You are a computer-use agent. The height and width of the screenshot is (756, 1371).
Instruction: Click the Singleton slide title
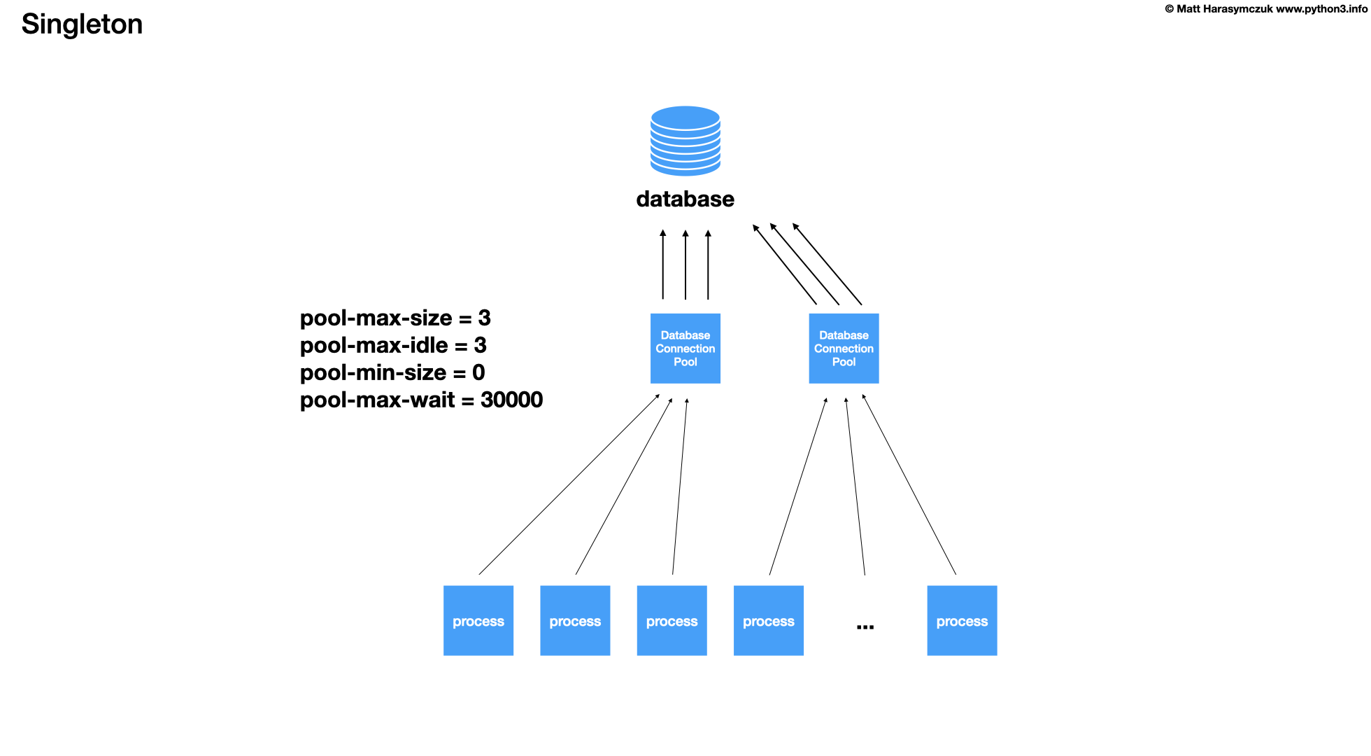[82, 24]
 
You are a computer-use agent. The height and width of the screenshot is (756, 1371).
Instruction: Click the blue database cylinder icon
[685, 141]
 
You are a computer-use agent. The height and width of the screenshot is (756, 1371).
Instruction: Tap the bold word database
[685, 199]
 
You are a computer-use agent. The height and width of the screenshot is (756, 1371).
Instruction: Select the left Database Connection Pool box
[685, 349]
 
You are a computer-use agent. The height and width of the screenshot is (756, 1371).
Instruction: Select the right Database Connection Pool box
[844, 349]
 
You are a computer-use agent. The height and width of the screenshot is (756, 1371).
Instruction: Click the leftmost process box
[478, 621]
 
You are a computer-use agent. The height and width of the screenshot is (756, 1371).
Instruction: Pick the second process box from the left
[575, 621]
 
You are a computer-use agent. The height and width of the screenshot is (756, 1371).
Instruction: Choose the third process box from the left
[672, 621]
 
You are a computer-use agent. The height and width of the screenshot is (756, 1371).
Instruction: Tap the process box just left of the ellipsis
[768, 621]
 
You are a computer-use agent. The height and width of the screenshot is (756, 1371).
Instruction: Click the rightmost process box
[962, 621]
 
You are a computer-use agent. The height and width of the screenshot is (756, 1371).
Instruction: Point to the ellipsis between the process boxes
[865, 626]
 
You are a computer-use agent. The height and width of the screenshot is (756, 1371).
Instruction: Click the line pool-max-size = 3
[395, 318]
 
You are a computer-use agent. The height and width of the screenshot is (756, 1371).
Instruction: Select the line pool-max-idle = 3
[393, 346]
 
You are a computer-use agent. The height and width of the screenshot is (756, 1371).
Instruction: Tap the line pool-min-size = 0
[392, 373]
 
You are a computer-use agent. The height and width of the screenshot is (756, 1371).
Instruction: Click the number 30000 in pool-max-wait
[511, 400]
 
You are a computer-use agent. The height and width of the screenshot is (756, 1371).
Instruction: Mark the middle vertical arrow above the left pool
[685, 266]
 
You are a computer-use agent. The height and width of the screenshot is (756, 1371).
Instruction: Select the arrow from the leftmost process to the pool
[568, 485]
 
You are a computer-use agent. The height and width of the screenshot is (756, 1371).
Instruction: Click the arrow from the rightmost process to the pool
[909, 484]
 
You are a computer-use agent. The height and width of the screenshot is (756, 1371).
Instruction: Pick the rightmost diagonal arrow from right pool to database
[827, 265]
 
